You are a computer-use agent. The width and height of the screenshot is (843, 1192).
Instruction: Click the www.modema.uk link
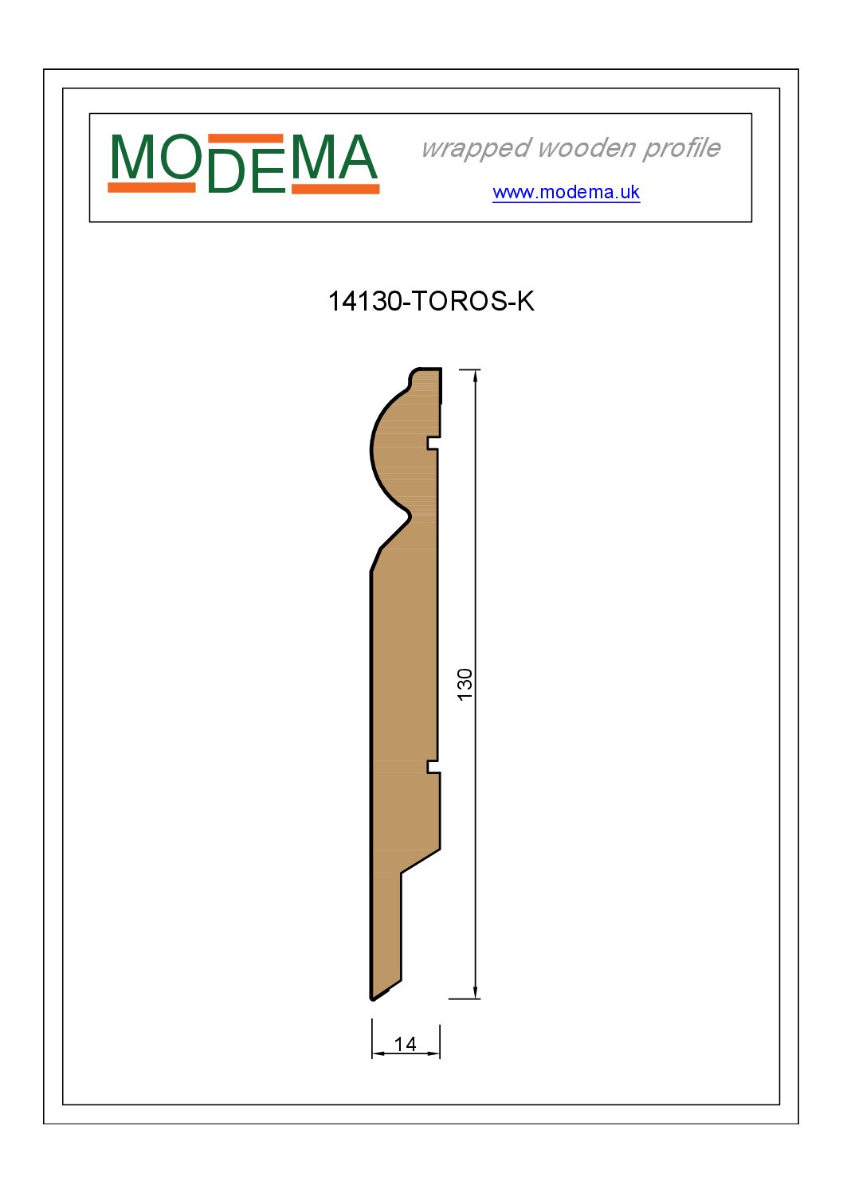566,192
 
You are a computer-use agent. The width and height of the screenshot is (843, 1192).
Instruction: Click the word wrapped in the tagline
476,148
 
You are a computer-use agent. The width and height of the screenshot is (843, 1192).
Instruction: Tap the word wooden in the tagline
586,148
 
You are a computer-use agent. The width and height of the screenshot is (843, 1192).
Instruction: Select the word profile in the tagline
681,148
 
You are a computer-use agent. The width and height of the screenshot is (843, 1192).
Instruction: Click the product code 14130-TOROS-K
431,301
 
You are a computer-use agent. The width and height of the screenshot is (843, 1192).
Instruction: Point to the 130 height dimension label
465,684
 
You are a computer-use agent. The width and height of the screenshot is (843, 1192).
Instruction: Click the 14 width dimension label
405,1044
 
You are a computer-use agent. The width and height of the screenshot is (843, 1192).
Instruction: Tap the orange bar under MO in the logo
151,188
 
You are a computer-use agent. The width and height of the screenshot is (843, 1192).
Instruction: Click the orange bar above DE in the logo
245,139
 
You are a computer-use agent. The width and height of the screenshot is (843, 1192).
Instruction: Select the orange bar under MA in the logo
335,189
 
